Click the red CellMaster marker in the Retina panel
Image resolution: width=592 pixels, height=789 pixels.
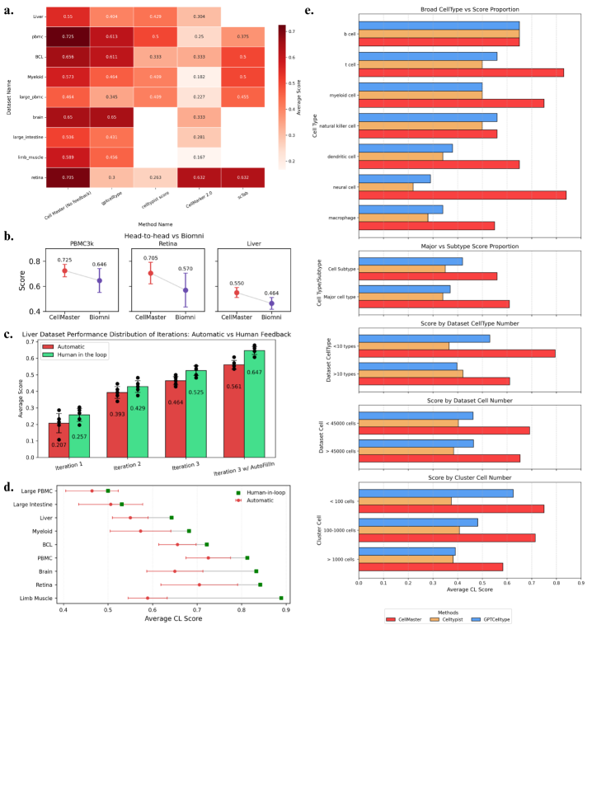pyautogui.click(x=150, y=273)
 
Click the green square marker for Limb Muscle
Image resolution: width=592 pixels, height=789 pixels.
pyautogui.click(x=281, y=599)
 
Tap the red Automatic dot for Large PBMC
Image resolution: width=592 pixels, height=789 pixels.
pyautogui.click(x=92, y=491)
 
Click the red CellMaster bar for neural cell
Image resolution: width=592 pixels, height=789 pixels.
pyautogui.click(x=462, y=195)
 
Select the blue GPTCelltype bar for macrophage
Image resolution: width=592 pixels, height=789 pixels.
pyautogui.click(x=401, y=209)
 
